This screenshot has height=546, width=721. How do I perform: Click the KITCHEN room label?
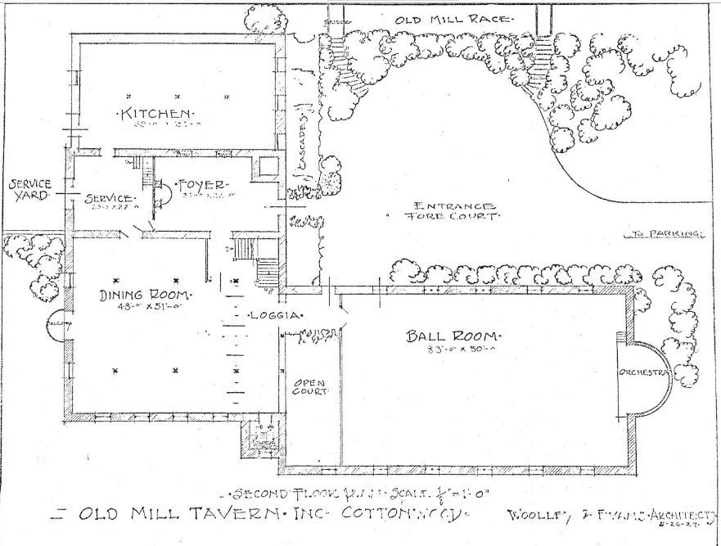[x=156, y=113]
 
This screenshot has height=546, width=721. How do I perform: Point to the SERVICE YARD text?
[x=29, y=190]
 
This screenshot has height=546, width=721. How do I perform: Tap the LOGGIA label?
[x=277, y=314]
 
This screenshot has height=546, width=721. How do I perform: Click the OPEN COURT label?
[x=310, y=386]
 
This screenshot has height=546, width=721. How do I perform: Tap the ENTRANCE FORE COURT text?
[x=455, y=211]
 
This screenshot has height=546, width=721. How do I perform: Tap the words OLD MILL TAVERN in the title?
[x=183, y=515]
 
